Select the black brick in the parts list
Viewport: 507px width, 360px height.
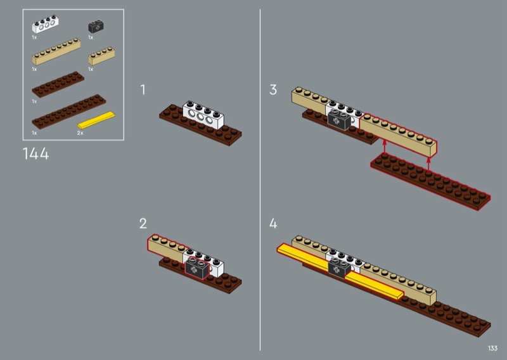(96, 27)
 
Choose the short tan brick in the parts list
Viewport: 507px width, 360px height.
(100, 56)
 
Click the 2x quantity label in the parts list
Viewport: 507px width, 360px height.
(80, 133)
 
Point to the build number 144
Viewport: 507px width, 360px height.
(35, 154)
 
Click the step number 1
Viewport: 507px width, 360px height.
(143, 90)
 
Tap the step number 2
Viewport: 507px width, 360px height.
(143, 223)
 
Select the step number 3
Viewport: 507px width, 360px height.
(273, 90)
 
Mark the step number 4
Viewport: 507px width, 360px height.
(273, 223)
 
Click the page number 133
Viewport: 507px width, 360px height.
(492, 348)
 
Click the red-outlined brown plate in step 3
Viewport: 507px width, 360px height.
(431, 182)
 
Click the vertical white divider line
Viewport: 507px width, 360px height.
(260, 177)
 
